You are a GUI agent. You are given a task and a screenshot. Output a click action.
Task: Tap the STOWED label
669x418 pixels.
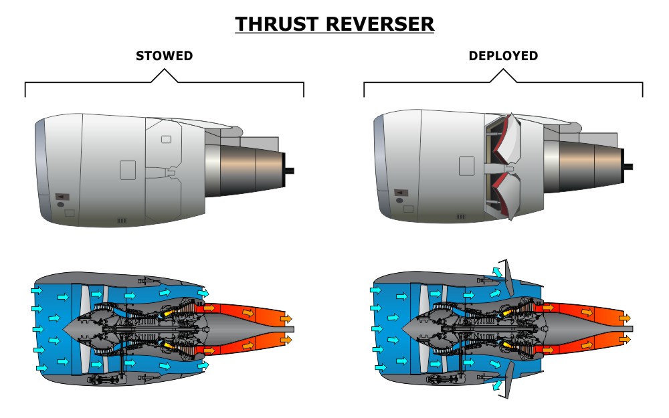164,56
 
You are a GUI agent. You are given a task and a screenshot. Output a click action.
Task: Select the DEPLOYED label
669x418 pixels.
503,56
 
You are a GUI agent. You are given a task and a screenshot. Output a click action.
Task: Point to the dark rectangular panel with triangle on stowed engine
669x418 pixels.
61,197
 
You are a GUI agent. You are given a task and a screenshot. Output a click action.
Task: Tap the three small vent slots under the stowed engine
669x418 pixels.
122,219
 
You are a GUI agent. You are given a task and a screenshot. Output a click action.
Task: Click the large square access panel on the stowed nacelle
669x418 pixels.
128,170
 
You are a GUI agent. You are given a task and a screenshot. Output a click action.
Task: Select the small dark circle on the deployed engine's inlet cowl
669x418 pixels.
399,200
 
